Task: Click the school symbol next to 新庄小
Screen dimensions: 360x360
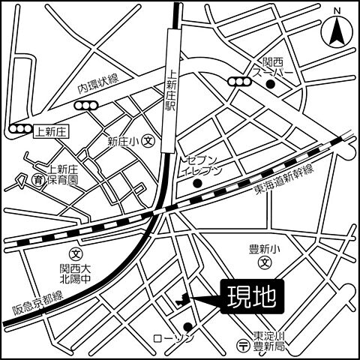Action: (148, 140)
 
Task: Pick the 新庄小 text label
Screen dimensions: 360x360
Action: (122, 140)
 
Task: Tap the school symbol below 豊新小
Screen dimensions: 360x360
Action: (264, 263)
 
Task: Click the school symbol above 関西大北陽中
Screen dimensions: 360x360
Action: (73, 253)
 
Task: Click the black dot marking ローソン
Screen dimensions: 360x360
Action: (187, 326)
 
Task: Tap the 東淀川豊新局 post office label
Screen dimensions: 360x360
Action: (269, 342)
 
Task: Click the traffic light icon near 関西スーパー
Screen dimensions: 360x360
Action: (241, 82)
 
